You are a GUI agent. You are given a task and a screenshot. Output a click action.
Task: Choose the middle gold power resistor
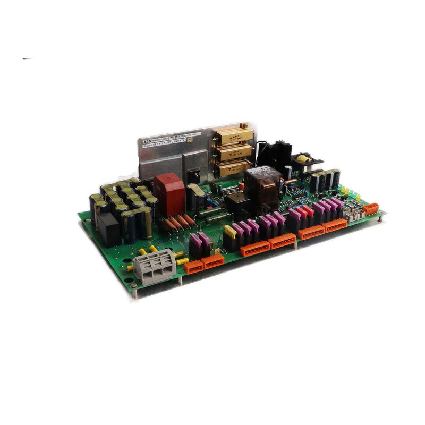[x=232, y=153]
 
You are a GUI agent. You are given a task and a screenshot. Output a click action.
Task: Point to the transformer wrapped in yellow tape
[x=302, y=159]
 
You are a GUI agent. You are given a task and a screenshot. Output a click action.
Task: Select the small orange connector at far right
[x=371, y=209]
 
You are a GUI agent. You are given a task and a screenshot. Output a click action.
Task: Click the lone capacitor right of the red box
[x=198, y=195]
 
